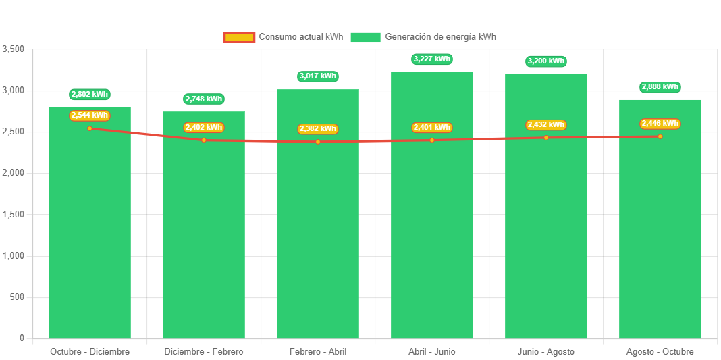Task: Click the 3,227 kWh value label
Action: (432, 59)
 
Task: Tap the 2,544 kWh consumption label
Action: (90, 115)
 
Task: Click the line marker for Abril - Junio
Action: (432, 140)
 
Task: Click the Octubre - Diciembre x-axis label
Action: (90, 352)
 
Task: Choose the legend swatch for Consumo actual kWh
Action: (239, 37)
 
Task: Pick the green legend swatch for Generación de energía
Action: (365, 37)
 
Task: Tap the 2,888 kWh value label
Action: (660, 87)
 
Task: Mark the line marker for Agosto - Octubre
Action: (660, 136)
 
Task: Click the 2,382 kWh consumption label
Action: (318, 129)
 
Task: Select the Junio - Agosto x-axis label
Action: (546, 352)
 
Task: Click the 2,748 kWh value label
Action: (204, 99)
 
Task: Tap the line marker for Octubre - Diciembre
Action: (90, 128)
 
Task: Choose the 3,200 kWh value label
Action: (546, 61)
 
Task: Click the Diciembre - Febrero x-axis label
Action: (204, 352)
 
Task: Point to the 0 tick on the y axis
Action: (22, 338)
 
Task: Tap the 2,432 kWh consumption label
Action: (546, 125)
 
